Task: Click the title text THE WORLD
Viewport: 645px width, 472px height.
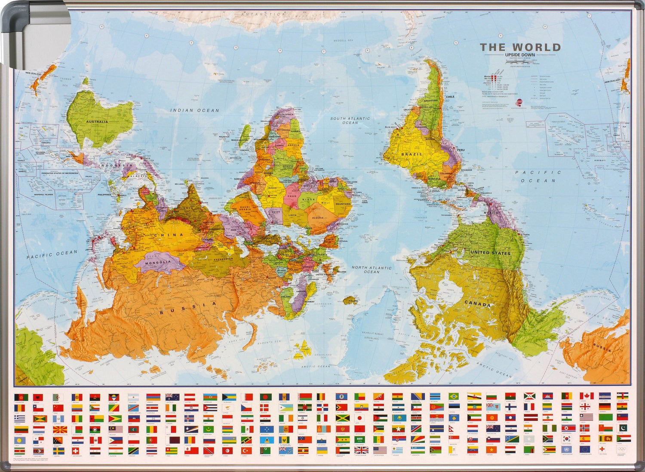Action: pyautogui.click(x=520, y=47)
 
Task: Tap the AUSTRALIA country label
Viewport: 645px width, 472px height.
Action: pyautogui.click(x=97, y=122)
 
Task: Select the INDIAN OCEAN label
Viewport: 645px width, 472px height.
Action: pyautogui.click(x=195, y=110)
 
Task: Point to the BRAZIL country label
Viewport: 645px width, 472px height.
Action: pyautogui.click(x=412, y=154)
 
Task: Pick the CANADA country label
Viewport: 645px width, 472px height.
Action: pyautogui.click(x=478, y=304)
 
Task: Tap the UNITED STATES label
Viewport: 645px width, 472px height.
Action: pyautogui.click(x=490, y=253)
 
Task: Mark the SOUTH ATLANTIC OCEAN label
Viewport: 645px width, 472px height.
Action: pyautogui.click(x=350, y=120)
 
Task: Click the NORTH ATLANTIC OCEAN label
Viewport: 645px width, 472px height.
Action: pyautogui.click(x=372, y=270)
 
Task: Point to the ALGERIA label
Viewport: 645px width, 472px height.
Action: pyautogui.click(x=317, y=218)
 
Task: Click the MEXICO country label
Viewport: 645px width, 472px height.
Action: pyautogui.click(x=491, y=213)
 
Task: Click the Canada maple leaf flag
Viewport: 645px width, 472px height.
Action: pyautogui.click(x=586, y=395)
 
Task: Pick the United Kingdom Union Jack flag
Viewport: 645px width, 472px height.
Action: pyautogui.click(x=361, y=450)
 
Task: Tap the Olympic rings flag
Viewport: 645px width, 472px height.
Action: pyautogui.click(x=623, y=450)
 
